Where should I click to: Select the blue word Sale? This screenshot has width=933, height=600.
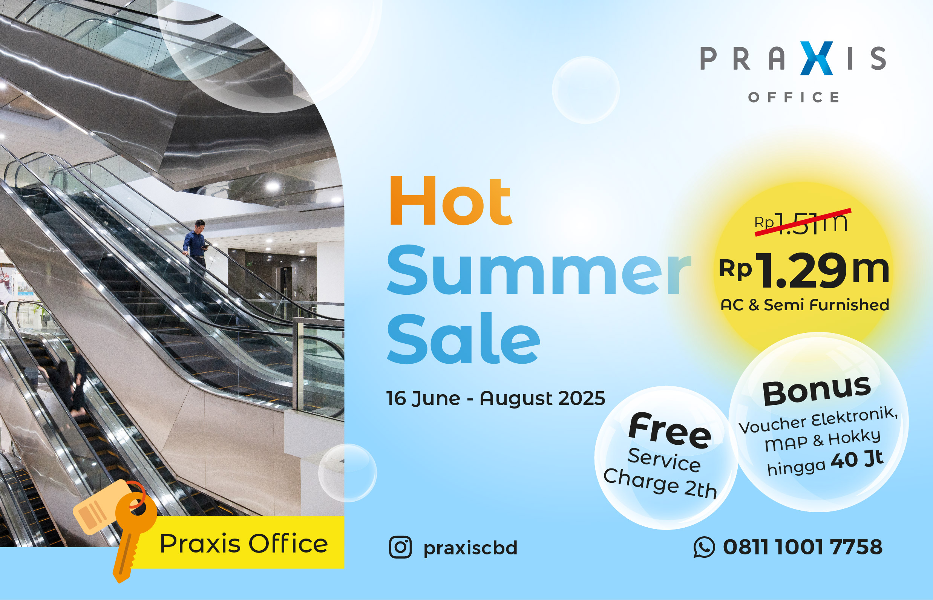[463, 337]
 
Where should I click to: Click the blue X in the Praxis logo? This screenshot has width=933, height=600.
[817, 58]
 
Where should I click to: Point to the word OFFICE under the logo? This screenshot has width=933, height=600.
[794, 97]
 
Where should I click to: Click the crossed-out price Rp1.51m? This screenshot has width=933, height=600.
[802, 222]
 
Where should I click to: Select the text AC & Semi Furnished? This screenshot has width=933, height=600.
[805, 305]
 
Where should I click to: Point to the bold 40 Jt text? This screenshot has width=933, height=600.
[857, 459]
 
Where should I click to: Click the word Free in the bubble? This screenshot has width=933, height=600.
[670, 430]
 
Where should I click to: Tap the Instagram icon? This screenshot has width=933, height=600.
[400, 547]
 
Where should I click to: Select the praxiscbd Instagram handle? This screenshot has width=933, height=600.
[470, 548]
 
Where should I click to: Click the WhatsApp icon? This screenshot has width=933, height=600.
[704, 547]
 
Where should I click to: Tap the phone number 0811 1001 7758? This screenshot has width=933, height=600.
[803, 546]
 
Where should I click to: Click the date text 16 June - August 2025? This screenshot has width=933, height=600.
[496, 398]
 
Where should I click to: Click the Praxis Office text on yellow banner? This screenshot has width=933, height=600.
[244, 543]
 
